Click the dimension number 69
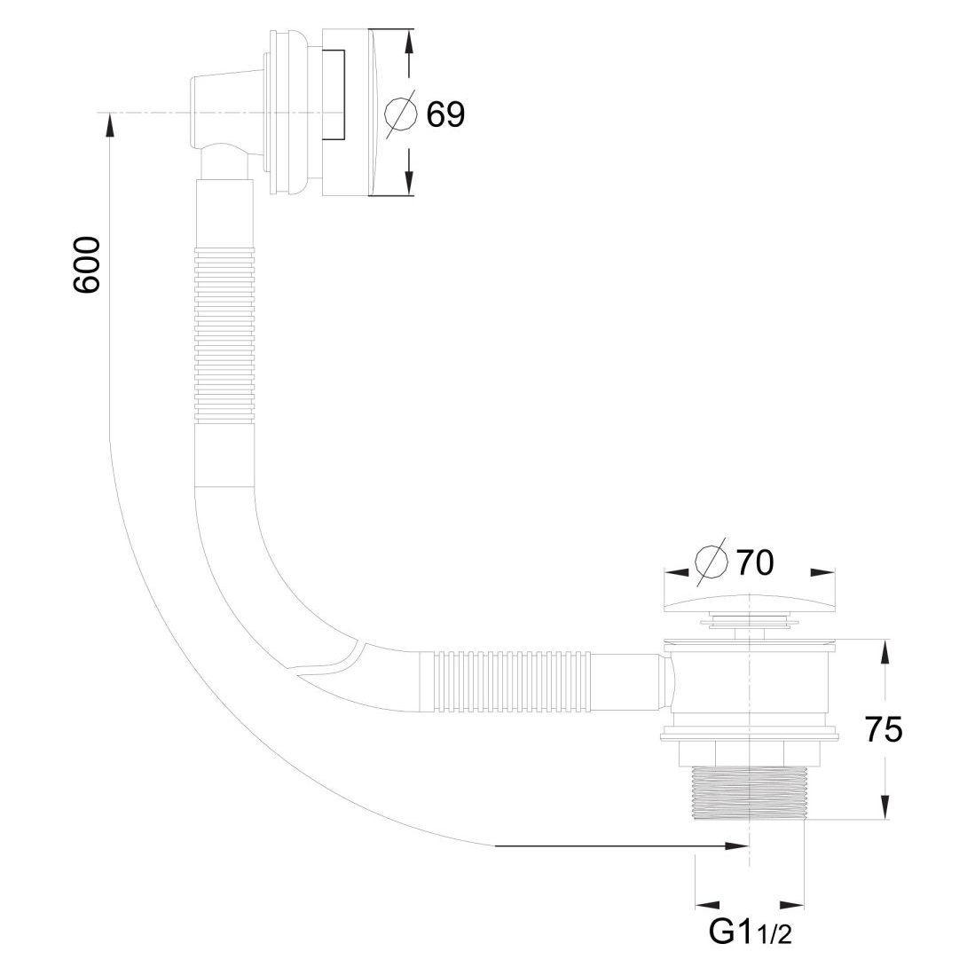[x=445, y=114]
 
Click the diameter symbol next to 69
[x=401, y=114]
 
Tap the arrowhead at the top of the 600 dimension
[x=109, y=125]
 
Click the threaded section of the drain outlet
[x=750, y=791]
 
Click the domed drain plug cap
[x=750, y=604]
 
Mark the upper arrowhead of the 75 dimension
[x=884, y=653]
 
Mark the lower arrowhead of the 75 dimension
[x=884, y=807]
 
